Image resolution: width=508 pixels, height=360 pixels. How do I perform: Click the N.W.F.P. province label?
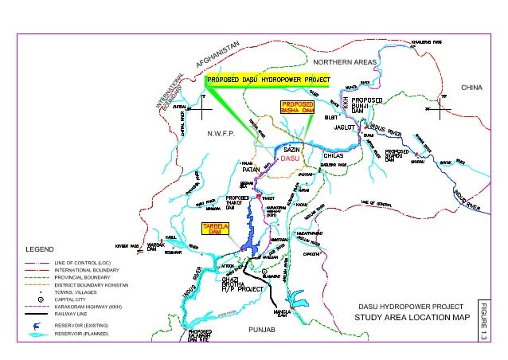pyautogui.click(x=220, y=135)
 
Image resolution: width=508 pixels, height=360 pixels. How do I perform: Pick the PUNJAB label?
pyautogui.click(x=261, y=327)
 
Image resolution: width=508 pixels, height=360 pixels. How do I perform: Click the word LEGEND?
pyautogui.click(x=39, y=248)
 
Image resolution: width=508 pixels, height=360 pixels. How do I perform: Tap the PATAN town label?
pyautogui.click(x=252, y=169)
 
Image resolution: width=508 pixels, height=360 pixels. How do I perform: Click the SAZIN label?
pyautogui.click(x=291, y=150)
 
